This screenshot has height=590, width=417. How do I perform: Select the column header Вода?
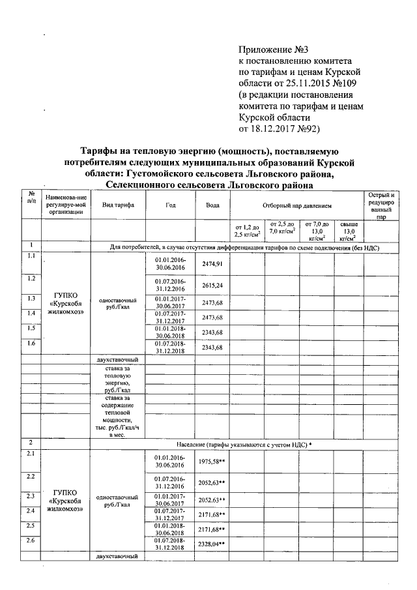212,205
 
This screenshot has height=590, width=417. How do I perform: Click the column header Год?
170,205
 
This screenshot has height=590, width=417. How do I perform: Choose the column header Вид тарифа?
118,205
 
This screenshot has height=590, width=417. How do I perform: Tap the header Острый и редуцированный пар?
381,205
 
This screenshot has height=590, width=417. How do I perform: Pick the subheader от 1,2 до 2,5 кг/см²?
248,230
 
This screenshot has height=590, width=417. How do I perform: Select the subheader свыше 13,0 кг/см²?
349,230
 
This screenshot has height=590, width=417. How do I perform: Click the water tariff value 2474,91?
212,263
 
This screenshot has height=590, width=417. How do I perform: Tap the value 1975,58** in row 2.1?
212,462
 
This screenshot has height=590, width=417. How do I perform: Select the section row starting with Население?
259,443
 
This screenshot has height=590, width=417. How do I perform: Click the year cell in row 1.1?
170,263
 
